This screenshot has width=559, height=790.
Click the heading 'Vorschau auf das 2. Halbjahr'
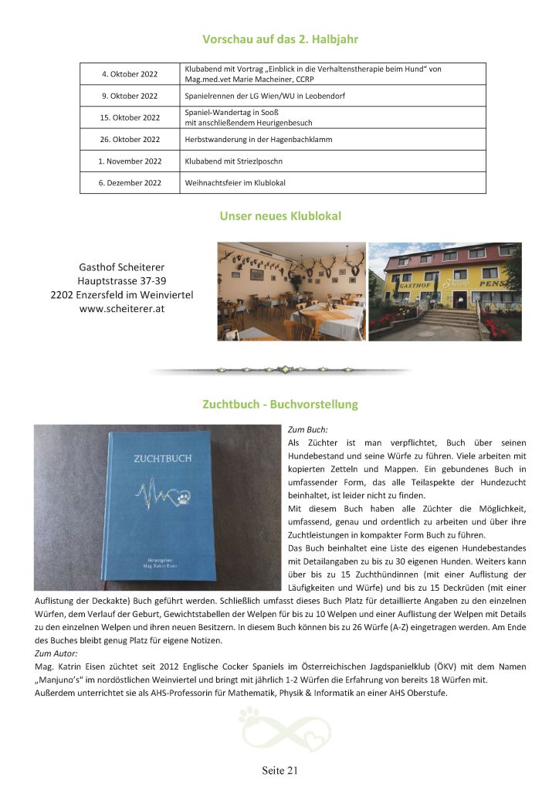[x=279, y=39]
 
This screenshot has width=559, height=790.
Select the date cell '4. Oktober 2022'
[x=130, y=74]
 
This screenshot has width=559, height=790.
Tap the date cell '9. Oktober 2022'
[x=130, y=96]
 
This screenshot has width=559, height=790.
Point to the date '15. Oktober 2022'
[x=130, y=117]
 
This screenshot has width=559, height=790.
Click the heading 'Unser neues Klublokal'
[x=279, y=216]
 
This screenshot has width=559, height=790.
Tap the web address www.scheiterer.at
[x=122, y=308]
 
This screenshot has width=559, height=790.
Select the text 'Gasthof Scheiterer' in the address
[x=122, y=266]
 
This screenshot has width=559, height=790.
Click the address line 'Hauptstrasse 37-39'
[x=122, y=280]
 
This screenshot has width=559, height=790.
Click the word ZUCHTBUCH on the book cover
[x=160, y=458]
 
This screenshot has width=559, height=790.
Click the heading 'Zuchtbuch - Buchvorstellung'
[x=279, y=404]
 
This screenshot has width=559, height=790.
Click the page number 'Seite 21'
[x=279, y=770]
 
